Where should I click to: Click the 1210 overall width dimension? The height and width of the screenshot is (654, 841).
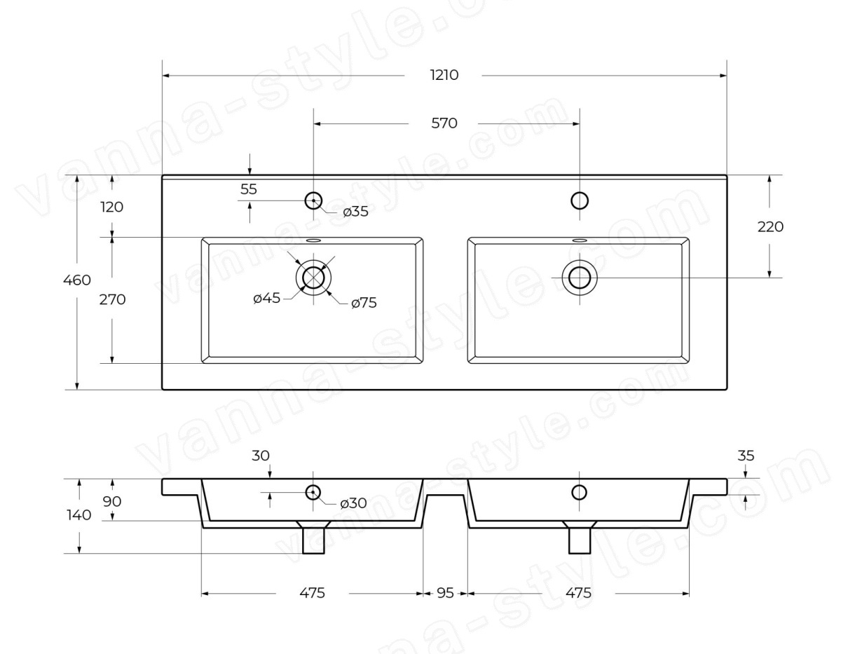click(444, 75)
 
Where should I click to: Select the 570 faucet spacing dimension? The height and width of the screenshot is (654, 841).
click(444, 123)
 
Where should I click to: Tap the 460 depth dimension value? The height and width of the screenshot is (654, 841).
click(77, 280)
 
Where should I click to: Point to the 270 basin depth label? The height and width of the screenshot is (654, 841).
click(112, 299)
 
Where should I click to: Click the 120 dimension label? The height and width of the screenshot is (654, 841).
click(112, 207)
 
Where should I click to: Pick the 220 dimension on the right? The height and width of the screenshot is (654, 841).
click(770, 227)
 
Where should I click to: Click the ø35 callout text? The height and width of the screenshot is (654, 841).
click(356, 212)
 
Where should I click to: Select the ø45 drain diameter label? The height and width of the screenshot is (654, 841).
click(266, 299)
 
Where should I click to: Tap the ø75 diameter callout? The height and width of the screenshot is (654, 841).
click(364, 303)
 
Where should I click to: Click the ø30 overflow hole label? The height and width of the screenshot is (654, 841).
click(353, 503)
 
